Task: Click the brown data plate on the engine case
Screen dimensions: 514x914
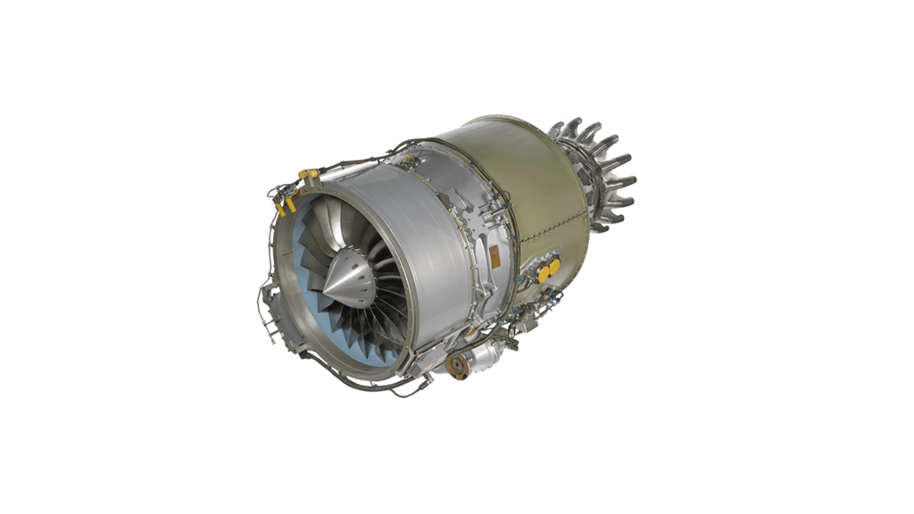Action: click(494, 256)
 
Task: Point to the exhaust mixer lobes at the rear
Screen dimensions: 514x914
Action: click(596, 174)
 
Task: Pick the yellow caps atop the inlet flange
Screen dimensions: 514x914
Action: click(309, 173)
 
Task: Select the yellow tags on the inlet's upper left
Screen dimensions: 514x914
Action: click(285, 206)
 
